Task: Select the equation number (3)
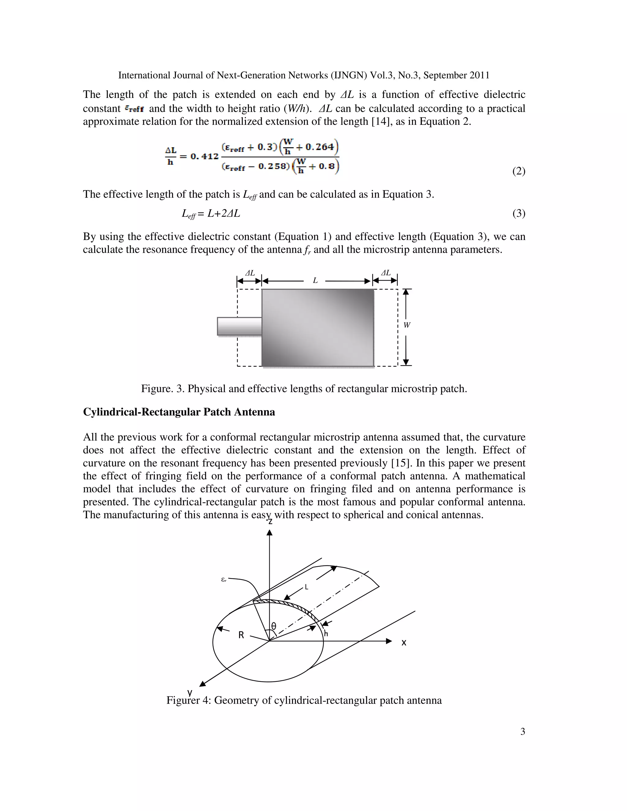(x=519, y=214)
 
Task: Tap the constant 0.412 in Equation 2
(x=205, y=156)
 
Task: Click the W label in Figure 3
(x=407, y=325)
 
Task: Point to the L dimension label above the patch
(x=315, y=281)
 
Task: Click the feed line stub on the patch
(x=239, y=326)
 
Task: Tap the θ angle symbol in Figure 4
(x=274, y=626)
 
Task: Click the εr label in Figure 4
(x=223, y=580)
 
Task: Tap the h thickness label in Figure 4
(x=326, y=633)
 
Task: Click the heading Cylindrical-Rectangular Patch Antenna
(x=179, y=412)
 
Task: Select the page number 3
(x=522, y=731)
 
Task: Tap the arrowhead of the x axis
(x=389, y=641)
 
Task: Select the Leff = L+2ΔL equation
(x=211, y=214)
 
